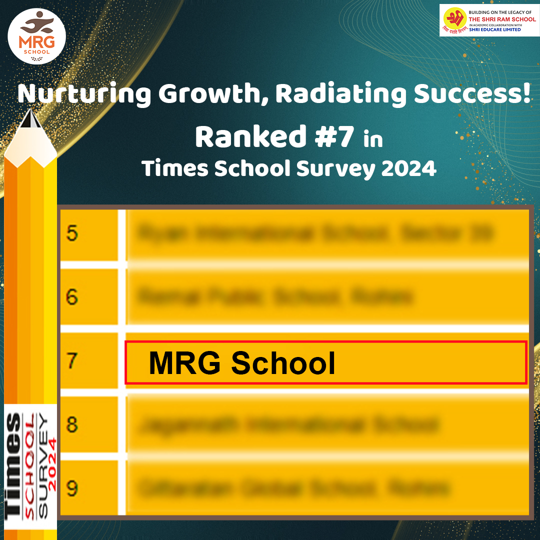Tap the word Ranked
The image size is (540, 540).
[x=250, y=137]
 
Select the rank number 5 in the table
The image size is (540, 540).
[x=72, y=233]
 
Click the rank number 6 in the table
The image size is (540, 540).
[x=72, y=297]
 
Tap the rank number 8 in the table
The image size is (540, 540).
[x=72, y=425]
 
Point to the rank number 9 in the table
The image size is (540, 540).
[x=72, y=488]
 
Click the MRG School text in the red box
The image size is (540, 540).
[x=242, y=363]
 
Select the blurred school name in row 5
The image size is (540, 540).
[x=315, y=233]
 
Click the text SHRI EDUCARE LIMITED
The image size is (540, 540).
[x=494, y=29]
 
